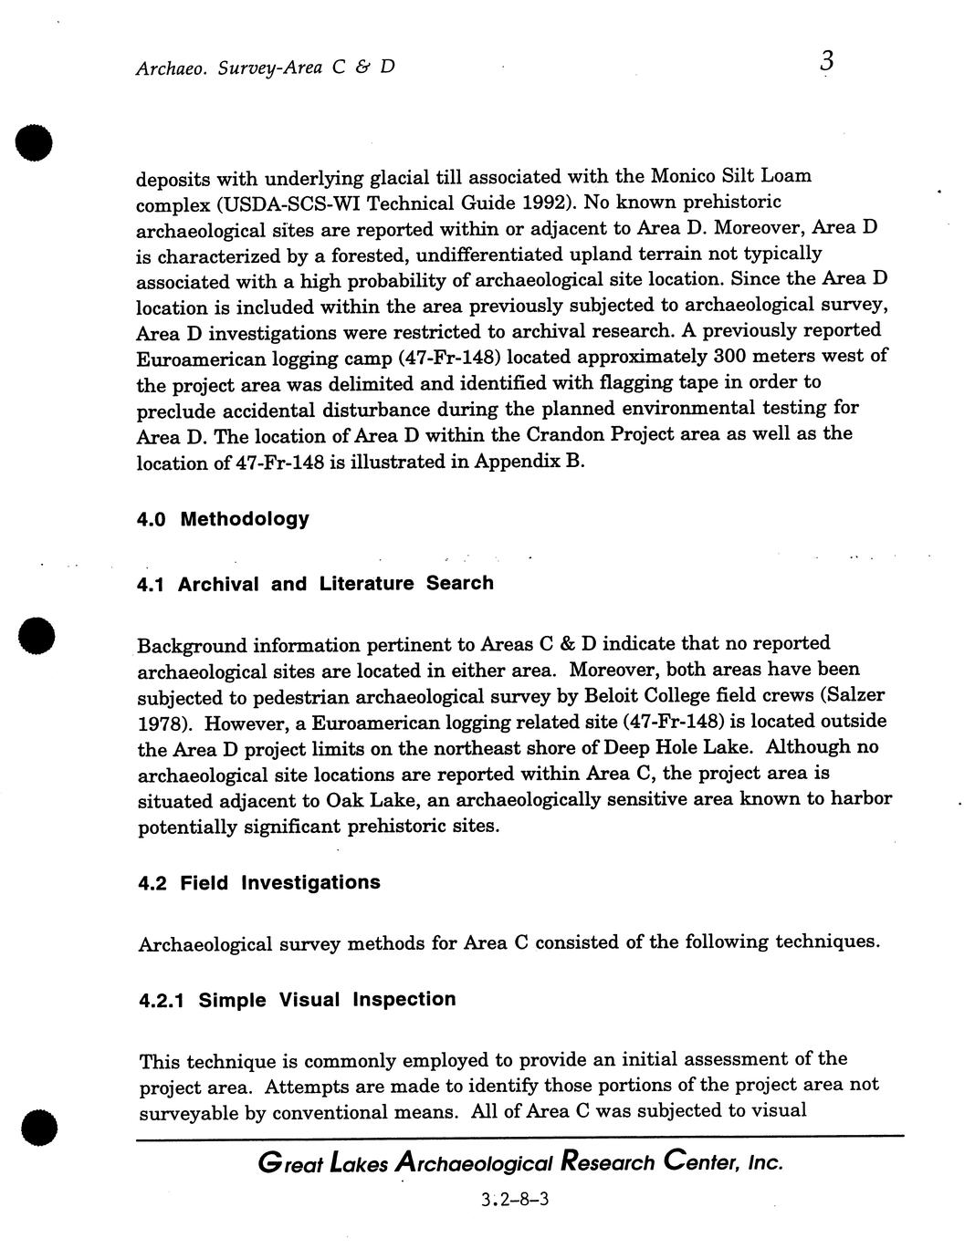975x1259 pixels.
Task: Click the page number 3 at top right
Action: coord(826,61)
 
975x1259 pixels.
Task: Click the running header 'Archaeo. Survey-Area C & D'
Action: coord(265,68)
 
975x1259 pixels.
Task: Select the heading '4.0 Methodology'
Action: coord(223,519)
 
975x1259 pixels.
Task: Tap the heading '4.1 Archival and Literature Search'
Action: coord(315,583)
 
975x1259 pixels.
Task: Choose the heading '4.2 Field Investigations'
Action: coord(259,882)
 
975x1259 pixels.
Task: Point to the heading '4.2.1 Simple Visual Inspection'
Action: coord(297,999)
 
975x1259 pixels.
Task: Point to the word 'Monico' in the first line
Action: coord(683,174)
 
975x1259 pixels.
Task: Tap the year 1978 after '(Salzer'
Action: coord(162,723)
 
